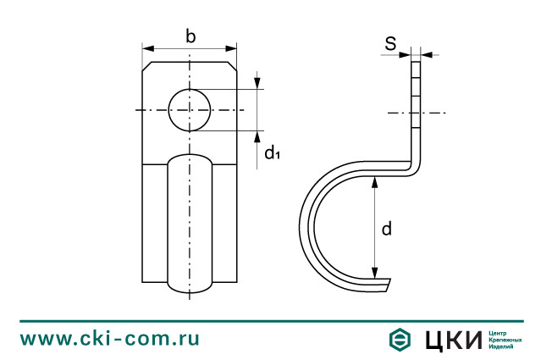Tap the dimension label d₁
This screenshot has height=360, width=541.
coord(271,153)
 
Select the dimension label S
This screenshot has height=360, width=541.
coord(391,44)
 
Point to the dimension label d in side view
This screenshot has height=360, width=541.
coord(386,229)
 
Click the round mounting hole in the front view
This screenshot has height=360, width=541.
coord(190,109)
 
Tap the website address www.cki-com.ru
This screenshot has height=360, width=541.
coord(110,339)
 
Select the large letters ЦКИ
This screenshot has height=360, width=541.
coord(452,340)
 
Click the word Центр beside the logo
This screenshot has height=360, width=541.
coord(501,333)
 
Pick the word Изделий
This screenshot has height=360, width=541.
coord(504,346)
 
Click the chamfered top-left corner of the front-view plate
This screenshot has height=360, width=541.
coord(146,65)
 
